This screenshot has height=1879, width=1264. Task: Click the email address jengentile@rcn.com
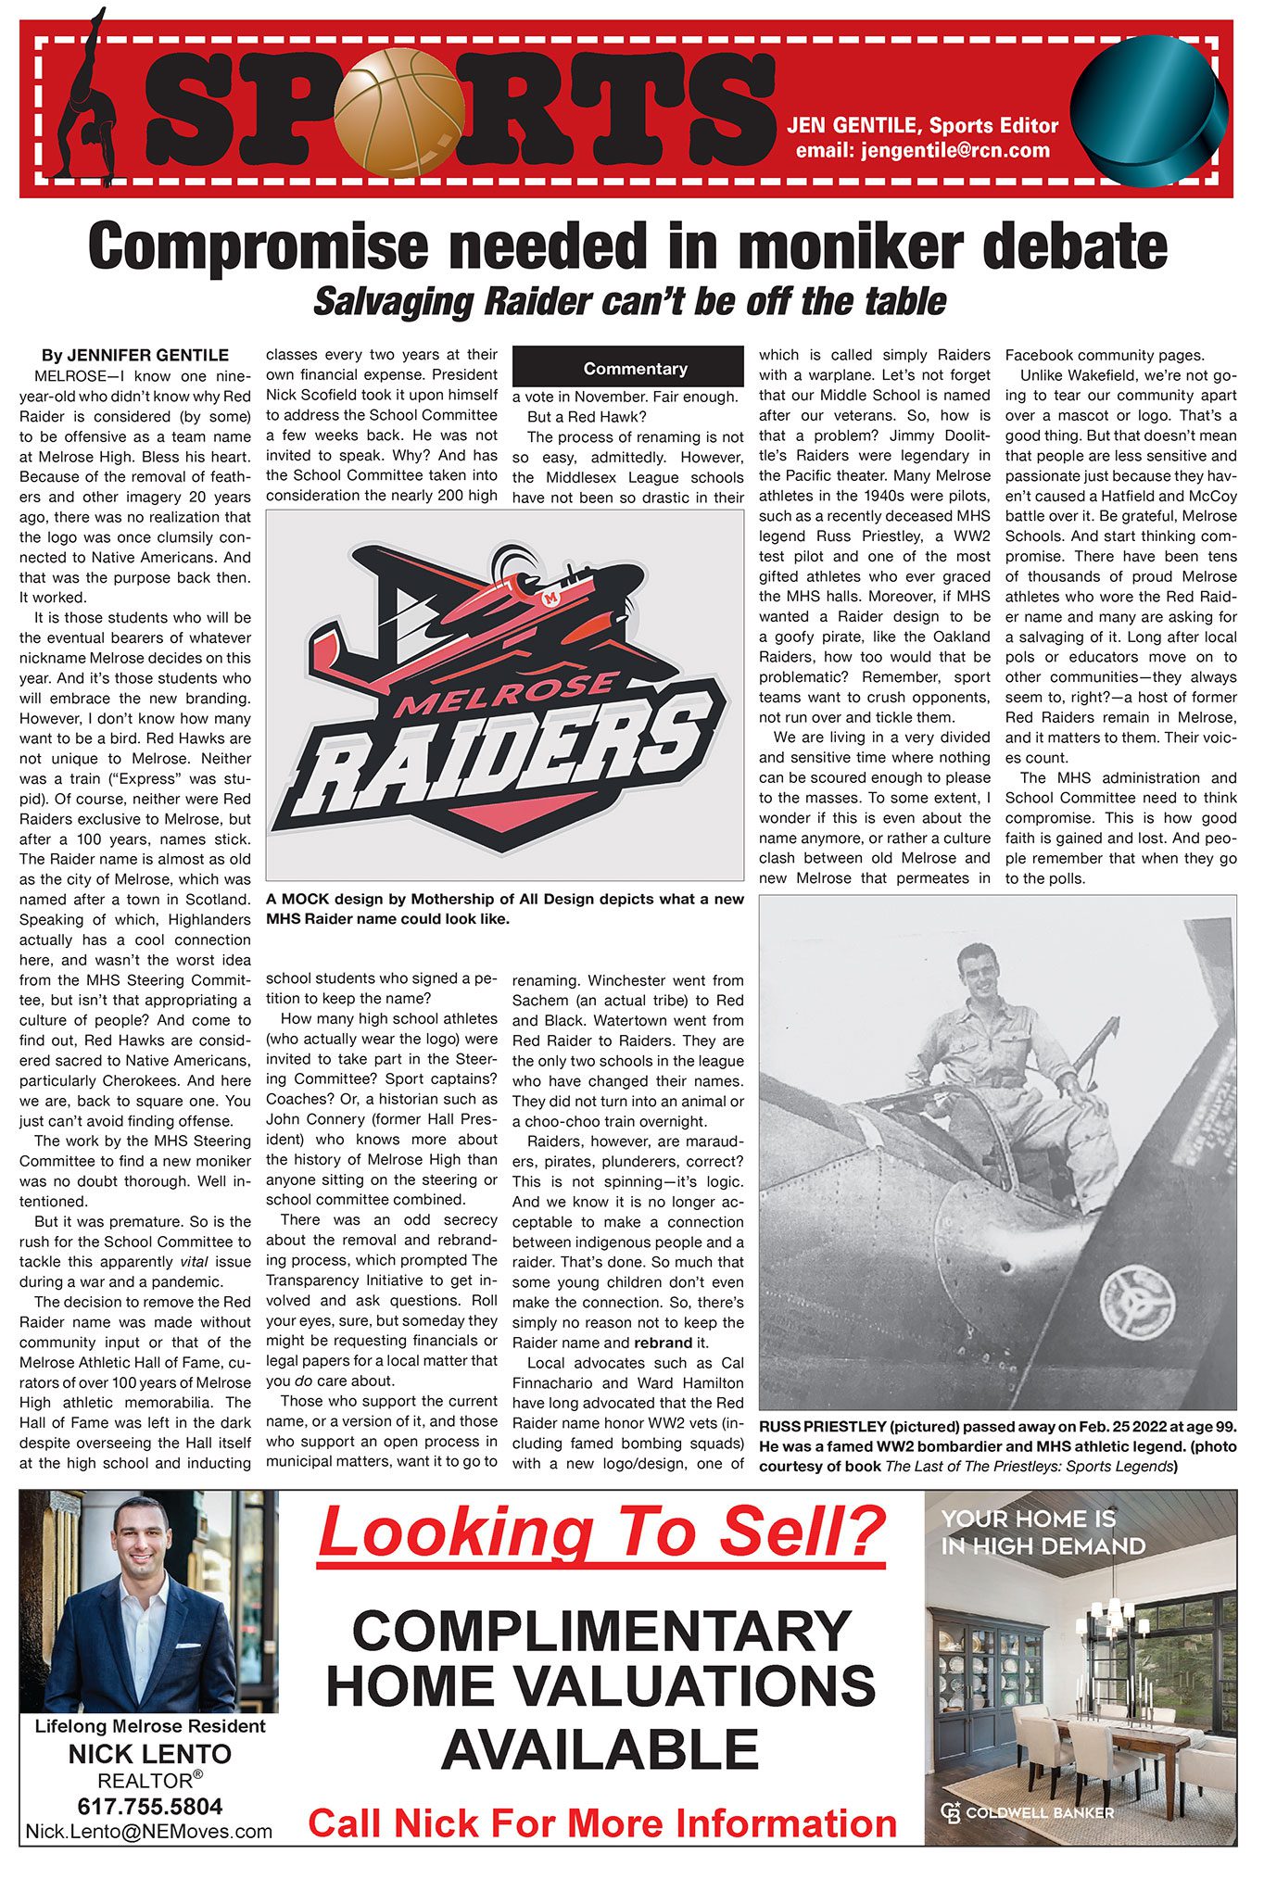point(923,150)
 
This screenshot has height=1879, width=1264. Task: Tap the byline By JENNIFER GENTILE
point(135,355)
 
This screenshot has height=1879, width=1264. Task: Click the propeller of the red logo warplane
point(509,564)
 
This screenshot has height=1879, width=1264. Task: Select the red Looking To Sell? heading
point(601,1533)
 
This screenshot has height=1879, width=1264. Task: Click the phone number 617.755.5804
point(149,1806)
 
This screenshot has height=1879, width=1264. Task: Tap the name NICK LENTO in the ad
point(149,1753)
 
